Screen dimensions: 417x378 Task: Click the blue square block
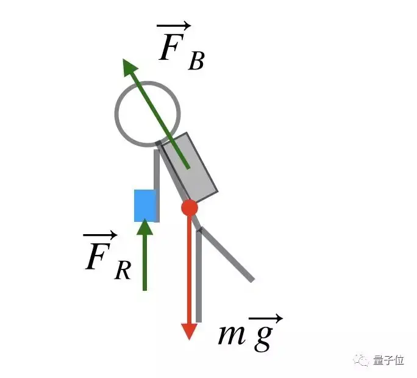pos(145,205)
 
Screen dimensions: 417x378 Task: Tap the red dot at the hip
pos(190,207)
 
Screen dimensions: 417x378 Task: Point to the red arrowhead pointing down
pos(190,331)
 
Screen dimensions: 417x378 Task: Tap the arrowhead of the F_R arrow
pos(144,227)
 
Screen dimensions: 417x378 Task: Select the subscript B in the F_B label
pos(196,62)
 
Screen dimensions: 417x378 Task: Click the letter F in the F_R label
pos(97,259)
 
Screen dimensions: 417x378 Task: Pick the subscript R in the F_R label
pos(123,271)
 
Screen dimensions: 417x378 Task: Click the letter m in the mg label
pos(231,335)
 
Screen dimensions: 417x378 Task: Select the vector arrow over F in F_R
pos(100,235)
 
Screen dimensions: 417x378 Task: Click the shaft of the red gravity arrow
pos(190,268)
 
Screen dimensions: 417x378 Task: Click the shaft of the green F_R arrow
pos(144,262)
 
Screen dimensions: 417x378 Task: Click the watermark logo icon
pos(363,360)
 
